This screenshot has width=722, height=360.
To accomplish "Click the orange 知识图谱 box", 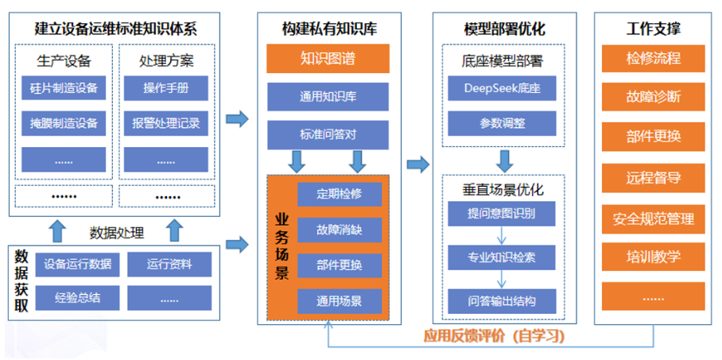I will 328,59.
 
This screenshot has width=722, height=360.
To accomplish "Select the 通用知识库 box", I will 328,97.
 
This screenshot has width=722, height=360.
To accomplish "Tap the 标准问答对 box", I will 328,134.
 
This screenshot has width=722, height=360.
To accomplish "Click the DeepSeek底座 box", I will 503,88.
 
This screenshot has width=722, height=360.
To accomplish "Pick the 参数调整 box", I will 503,123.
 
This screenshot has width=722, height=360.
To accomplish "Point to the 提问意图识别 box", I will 503,214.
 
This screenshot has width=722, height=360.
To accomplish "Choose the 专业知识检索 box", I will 503,257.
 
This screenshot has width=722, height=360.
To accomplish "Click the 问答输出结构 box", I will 503,301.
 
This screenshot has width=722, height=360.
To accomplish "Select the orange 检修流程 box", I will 654,59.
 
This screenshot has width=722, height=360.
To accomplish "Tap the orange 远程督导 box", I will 654,177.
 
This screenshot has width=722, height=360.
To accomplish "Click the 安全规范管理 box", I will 654,218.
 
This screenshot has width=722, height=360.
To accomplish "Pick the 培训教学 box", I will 654,257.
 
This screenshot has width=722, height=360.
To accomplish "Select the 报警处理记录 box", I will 166,123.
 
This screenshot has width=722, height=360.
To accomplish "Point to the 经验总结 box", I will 77,297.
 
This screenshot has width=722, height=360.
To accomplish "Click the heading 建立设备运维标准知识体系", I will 115,29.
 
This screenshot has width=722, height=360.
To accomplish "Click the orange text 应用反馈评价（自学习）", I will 493,336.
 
